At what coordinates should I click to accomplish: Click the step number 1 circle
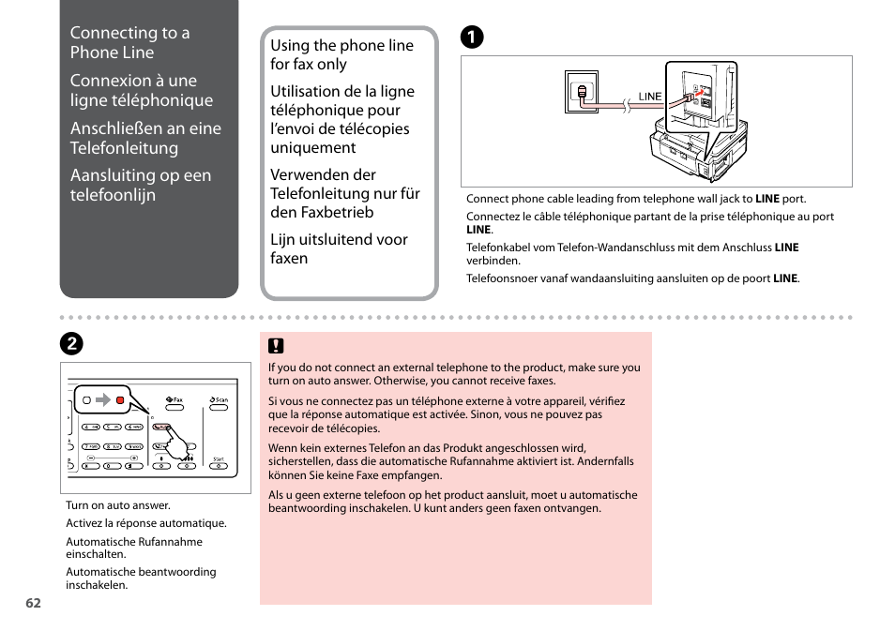tap(471, 38)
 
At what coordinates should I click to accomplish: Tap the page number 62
tap(34, 603)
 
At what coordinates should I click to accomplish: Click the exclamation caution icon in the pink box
tap(277, 346)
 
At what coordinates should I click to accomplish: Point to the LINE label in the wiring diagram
tap(650, 97)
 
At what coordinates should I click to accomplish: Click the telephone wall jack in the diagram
tap(583, 93)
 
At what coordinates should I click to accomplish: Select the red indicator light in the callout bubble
tap(120, 400)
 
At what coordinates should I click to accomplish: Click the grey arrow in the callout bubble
tap(103, 400)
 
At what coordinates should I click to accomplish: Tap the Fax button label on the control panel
tap(174, 400)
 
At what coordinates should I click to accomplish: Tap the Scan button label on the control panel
tap(220, 400)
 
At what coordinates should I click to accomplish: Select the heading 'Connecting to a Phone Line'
tap(129, 42)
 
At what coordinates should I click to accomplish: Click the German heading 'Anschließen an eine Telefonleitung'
tap(145, 138)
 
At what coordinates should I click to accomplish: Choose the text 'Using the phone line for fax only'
tap(341, 54)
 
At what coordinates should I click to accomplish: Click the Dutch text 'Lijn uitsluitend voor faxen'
tap(339, 248)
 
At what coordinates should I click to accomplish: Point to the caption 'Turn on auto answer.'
tap(118, 505)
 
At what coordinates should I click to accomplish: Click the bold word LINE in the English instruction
tap(767, 199)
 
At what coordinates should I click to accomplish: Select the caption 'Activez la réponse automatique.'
tap(146, 524)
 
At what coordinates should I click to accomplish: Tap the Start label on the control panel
tap(219, 459)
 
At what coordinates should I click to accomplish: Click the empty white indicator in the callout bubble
tap(86, 400)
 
